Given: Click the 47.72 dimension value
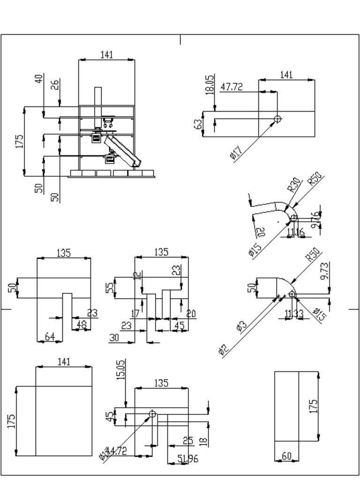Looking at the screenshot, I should click(x=232, y=87).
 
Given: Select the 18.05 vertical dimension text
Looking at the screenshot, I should click(x=209, y=85).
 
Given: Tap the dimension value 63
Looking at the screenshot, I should click(x=198, y=124).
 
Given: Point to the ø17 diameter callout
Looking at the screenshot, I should click(x=237, y=153).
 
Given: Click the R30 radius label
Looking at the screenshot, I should click(x=294, y=185).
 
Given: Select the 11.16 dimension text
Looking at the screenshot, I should click(x=296, y=232).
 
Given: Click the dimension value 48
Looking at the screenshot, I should click(x=82, y=324).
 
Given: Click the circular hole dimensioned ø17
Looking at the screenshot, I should click(x=277, y=119).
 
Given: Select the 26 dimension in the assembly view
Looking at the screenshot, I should click(x=55, y=85).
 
